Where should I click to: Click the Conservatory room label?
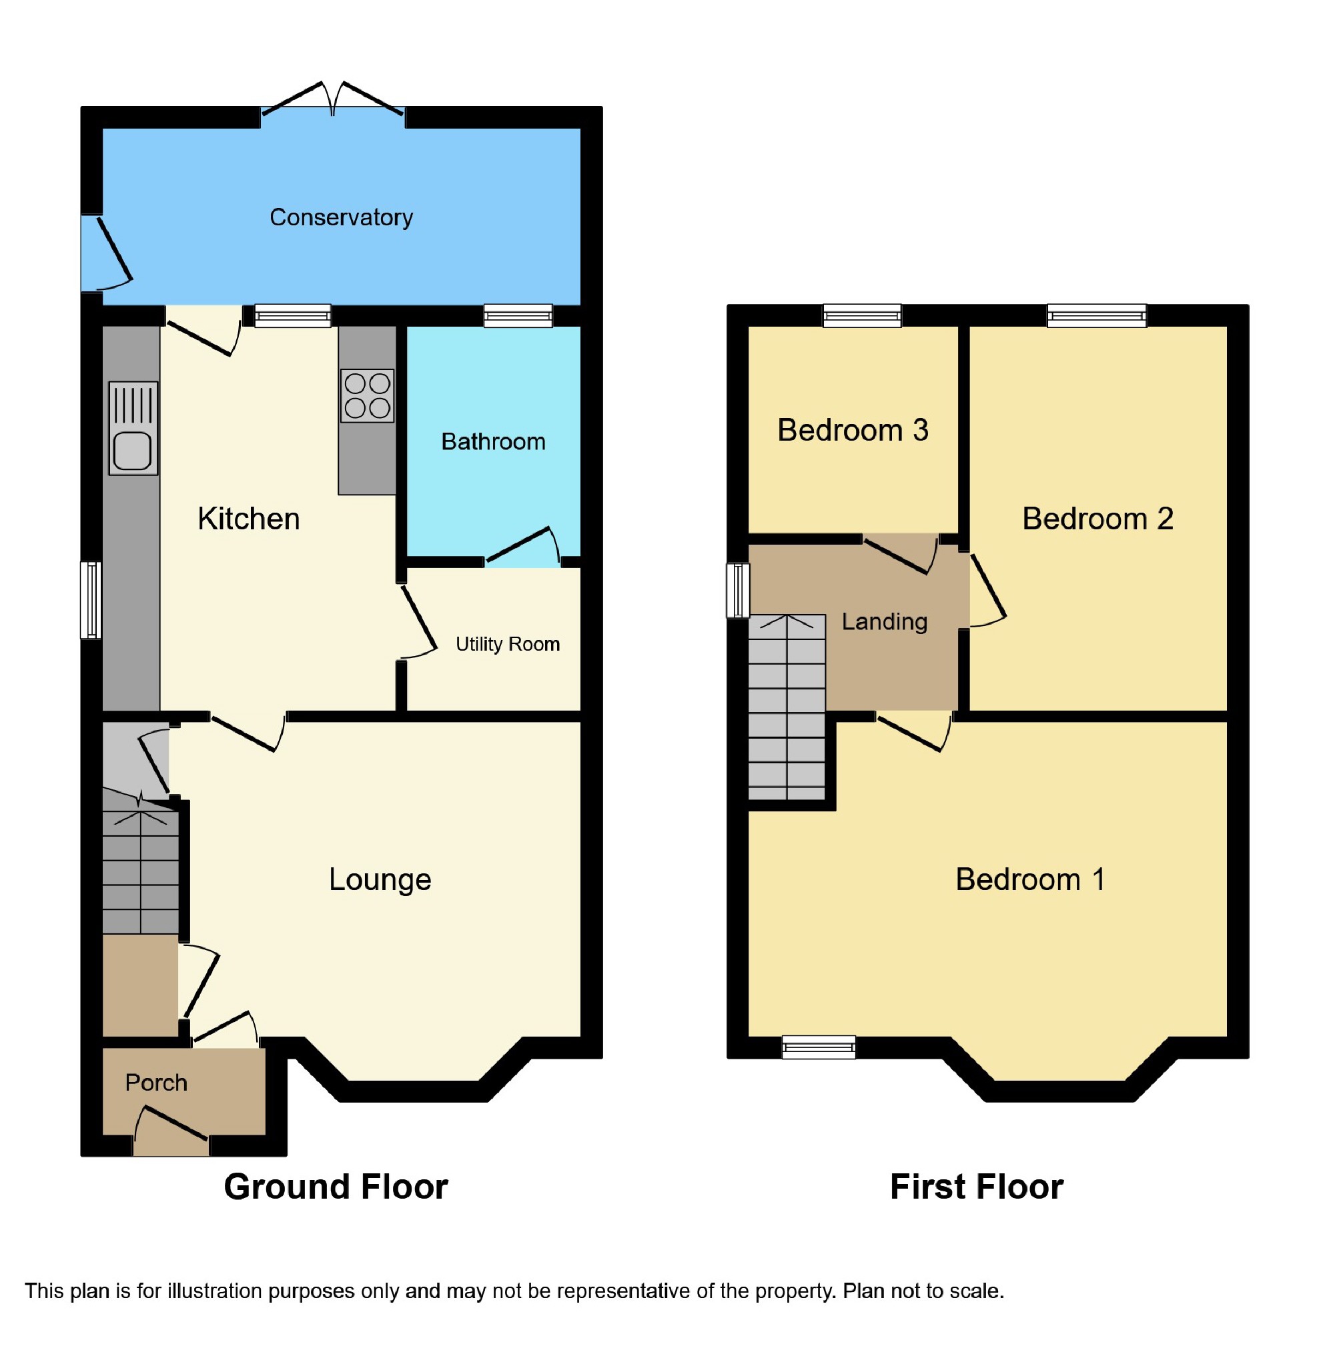341,217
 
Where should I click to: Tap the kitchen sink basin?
132,451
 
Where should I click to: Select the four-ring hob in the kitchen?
368,395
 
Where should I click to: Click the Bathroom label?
493,441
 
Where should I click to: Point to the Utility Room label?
507,643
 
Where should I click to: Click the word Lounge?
380,879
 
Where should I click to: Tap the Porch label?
156,1083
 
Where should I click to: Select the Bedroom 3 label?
853,430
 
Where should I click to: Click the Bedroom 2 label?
1097,518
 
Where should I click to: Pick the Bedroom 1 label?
1029,879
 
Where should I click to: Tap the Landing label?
884,621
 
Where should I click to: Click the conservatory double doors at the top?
333,101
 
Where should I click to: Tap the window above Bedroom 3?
861,315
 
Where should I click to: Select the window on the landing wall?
737,591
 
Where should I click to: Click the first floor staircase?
787,707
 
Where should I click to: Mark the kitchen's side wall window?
91,600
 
